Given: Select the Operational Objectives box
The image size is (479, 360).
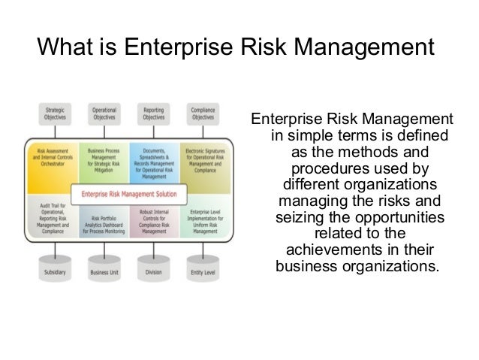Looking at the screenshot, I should [104, 114].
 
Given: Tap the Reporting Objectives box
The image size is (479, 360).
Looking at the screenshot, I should [153, 114].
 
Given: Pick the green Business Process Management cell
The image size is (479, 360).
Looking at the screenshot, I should [104, 159].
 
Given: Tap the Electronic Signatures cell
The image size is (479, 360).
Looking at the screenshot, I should [204, 159].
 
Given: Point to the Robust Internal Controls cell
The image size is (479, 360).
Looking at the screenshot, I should [153, 222].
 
